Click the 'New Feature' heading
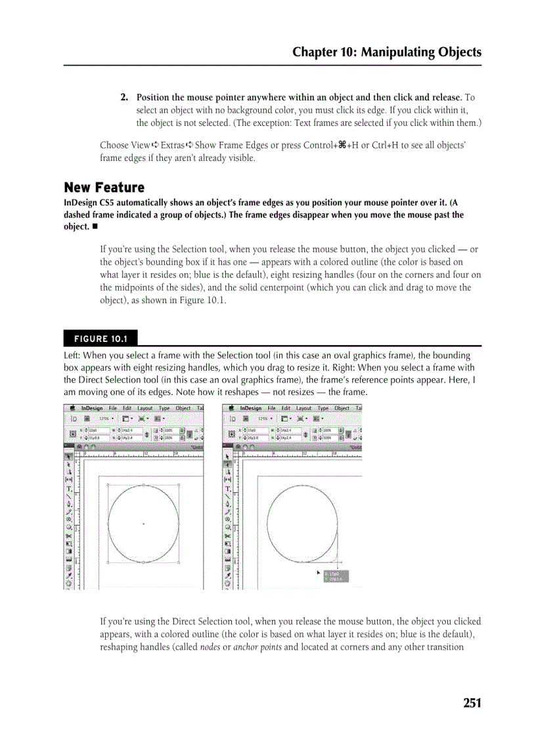pyautogui.click(x=104, y=188)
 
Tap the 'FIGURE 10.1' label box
pyautogui.click(x=100, y=339)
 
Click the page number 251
pyautogui.click(x=472, y=704)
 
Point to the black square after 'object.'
pyautogui.click(x=95, y=226)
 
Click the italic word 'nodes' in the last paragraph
pyautogui.click(x=210, y=646)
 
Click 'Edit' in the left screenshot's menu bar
pyautogui.click(x=127, y=408)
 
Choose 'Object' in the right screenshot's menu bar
pyautogui.click(x=342, y=408)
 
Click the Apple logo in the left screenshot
pyautogui.click(x=71, y=408)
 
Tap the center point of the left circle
pyautogui.click(x=143, y=524)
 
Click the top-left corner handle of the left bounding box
pyautogui.click(x=107, y=485)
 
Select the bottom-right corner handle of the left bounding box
pyautogui.click(x=179, y=562)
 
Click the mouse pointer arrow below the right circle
pyautogui.click(x=319, y=573)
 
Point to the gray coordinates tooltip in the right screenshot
pyautogui.click(x=334, y=576)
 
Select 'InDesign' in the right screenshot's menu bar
pyautogui.click(x=250, y=408)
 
